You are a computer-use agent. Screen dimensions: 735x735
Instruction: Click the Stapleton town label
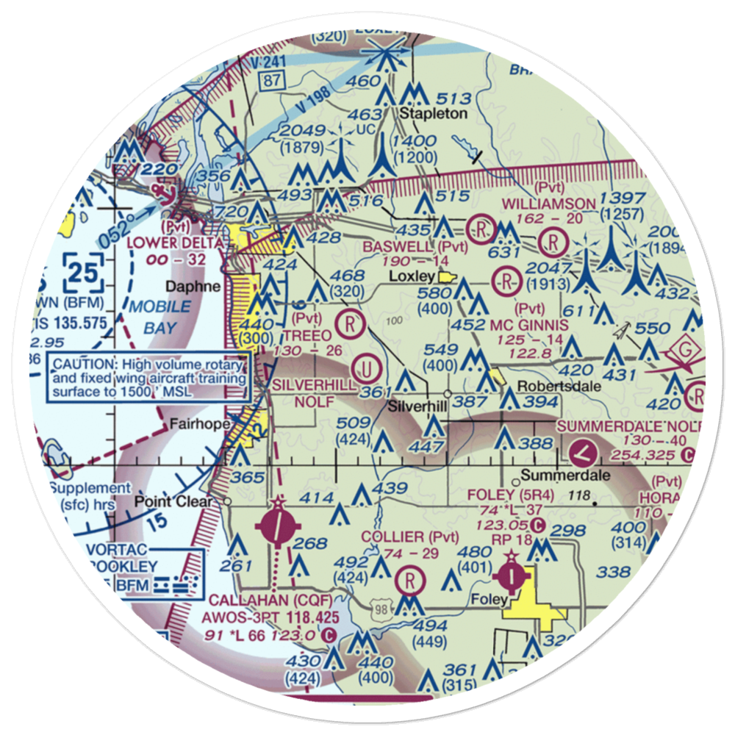433,113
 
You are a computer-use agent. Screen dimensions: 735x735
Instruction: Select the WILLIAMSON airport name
548,204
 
